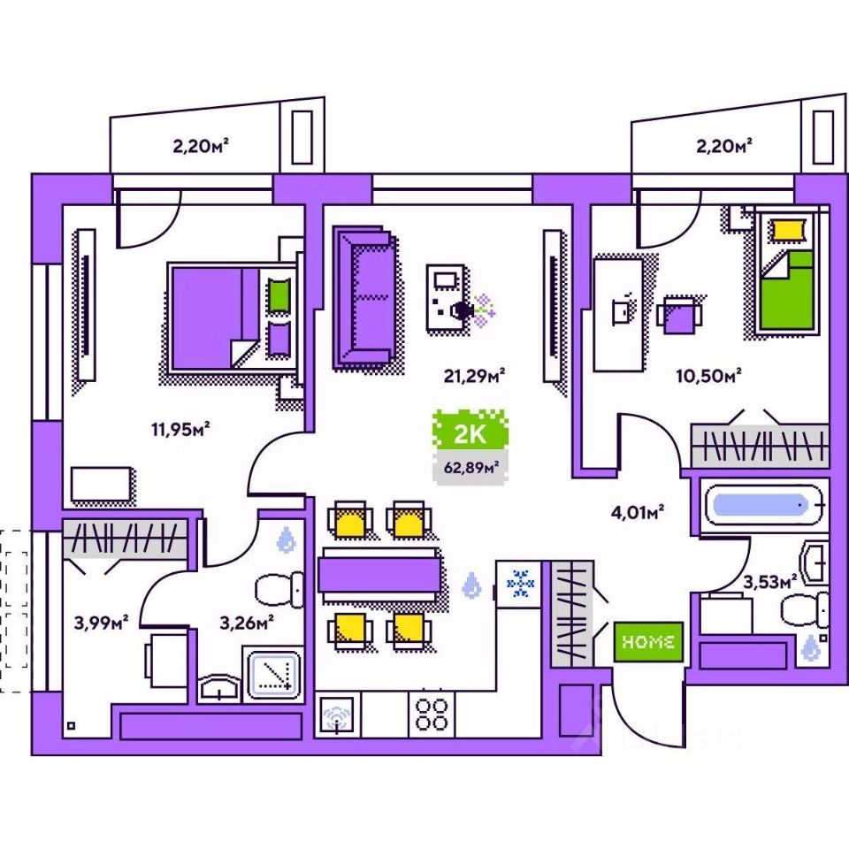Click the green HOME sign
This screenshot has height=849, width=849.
pos(649,642)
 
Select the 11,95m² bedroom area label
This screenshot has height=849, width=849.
pos(180,431)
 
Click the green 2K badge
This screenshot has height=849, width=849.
pos(470,432)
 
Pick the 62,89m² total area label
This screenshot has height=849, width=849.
pos(470,467)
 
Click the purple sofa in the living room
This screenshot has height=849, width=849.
pos(363,296)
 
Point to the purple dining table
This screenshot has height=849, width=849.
pos(379,572)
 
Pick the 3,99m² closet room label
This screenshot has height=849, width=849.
pos(102,623)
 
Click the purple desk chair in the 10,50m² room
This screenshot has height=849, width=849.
pos(679,314)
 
